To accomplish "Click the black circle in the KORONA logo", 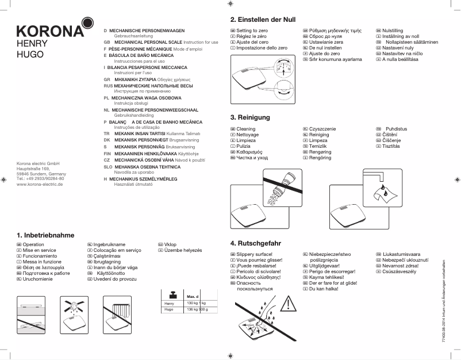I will pos(87,22).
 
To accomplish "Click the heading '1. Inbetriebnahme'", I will pos(46,235).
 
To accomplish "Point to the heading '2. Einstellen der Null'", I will pos(263,20).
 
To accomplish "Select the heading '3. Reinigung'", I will pos(250,117).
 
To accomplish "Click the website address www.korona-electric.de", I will pos(40,184).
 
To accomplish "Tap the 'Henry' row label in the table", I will pos(169,302).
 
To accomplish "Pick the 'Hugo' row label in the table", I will pos(169,309).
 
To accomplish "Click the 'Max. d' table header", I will pos(193,296).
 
